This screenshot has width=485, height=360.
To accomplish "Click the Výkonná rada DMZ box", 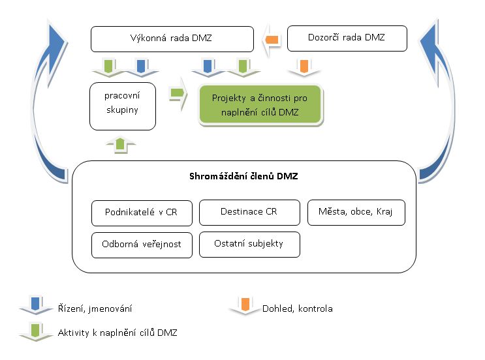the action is (x=172, y=39).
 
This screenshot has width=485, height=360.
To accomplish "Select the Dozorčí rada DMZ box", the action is (x=347, y=38).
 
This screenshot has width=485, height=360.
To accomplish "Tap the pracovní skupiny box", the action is (x=123, y=106).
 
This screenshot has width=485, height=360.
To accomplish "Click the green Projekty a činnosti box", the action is (x=260, y=105).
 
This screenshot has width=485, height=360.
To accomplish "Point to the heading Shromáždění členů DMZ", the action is (x=243, y=176).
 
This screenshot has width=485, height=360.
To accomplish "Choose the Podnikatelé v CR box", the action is (x=142, y=213).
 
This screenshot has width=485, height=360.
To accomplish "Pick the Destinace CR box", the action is (x=249, y=213).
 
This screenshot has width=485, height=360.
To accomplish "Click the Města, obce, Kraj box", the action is (x=356, y=213).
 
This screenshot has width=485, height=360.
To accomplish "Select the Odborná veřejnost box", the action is (x=142, y=245).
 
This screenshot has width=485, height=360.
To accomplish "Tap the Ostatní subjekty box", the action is (x=249, y=245).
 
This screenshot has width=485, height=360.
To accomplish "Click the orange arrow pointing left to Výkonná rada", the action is (x=271, y=40).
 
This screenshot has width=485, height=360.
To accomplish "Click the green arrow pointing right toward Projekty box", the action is (x=178, y=93).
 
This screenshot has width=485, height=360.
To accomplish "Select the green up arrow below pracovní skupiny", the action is (x=120, y=145).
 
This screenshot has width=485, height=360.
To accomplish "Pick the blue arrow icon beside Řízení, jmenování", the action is (x=36, y=305).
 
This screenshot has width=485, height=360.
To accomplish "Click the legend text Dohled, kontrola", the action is (x=297, y=308).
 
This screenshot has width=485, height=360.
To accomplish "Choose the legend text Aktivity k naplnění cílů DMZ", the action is (x=117, y=333).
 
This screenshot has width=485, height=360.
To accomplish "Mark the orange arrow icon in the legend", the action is (x=245, y=306).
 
